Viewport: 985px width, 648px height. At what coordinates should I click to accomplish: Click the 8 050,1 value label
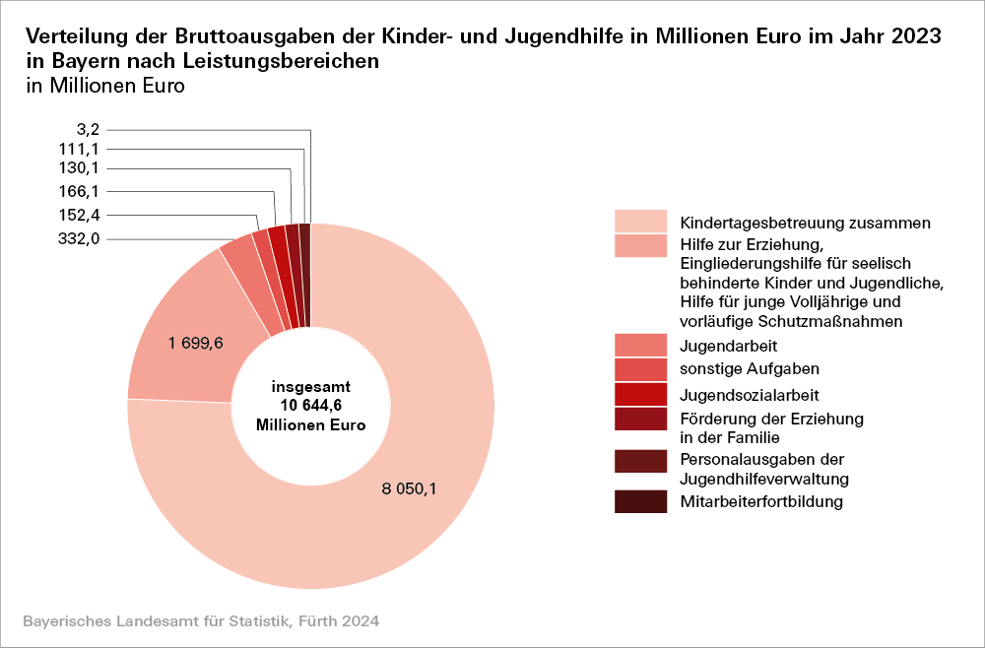tap(409, 489)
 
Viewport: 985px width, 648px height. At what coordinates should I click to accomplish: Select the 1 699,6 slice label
tap(196, 343)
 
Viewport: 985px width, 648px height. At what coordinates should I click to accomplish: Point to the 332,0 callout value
tap(81, 238)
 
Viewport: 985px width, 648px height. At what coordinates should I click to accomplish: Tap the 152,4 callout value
tap(81, 215)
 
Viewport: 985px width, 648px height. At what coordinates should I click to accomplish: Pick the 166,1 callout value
tap(81, 191)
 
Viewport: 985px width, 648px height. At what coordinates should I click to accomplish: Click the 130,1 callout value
tap(81, 168)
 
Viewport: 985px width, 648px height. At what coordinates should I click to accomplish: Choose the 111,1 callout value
tap(81, 149)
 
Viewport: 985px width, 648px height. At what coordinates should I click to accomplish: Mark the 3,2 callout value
tap(88, 129)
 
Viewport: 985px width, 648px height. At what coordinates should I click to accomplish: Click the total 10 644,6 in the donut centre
tap(310, 405)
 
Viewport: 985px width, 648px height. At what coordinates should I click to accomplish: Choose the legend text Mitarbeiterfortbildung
tap(761, 502)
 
